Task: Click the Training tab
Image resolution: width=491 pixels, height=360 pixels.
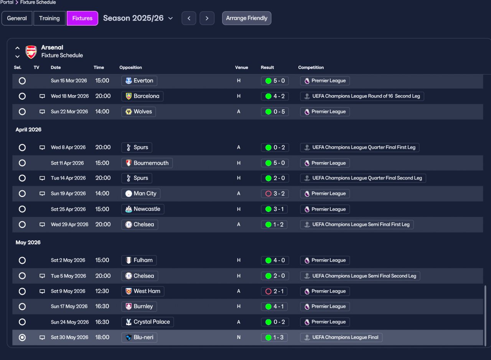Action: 49,18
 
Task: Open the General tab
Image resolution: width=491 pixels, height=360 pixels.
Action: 17,18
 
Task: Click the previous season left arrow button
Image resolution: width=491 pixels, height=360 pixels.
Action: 189,18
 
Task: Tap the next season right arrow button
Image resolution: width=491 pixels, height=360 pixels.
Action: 207,18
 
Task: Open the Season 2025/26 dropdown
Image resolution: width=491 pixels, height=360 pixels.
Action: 138,18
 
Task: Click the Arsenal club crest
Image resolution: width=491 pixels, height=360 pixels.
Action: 31,52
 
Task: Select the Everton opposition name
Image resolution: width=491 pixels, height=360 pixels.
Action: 143,81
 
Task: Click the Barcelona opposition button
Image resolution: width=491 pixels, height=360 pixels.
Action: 142,96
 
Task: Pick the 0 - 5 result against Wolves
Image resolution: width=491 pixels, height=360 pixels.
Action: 275,112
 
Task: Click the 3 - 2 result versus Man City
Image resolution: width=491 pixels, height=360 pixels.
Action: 275,194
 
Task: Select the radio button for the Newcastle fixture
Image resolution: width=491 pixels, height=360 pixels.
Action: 22,209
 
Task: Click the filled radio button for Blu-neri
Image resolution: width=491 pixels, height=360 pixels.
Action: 22,337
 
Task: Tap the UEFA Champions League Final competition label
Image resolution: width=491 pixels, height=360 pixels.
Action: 341,337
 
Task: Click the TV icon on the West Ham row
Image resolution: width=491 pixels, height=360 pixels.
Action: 42,291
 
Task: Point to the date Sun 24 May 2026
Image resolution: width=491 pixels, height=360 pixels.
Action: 70,322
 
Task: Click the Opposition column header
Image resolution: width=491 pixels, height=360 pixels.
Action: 131,67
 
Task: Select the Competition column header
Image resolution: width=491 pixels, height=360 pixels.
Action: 311,67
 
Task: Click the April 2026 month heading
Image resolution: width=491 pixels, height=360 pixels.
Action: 28,130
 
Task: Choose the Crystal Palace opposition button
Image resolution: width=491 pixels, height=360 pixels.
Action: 148,322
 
